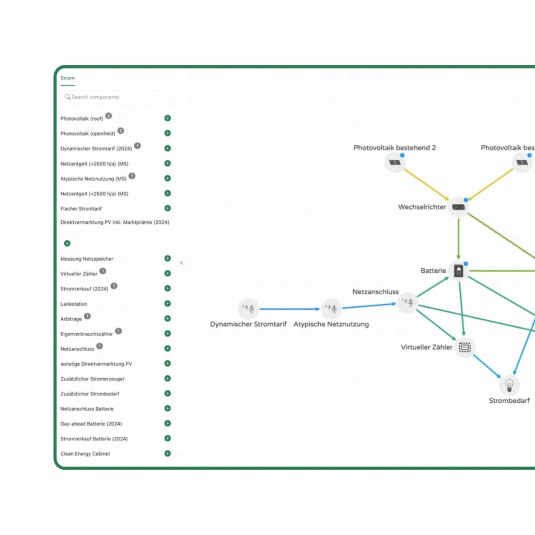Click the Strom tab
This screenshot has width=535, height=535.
pyautogui.click(x=67, y=78)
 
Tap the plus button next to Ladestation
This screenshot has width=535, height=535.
pyautogui.click(x=168, y=304)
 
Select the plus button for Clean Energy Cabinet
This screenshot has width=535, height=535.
pyautogui.click(x=168, y=453)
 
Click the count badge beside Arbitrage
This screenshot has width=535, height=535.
pyautogui.click(x=87, y=316)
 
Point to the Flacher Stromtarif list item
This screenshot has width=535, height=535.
pyautogui.click(x=81, y=208)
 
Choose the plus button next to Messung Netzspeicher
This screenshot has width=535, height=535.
pyautogui.click(x=168, y=259)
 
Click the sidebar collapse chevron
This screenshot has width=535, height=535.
pyautogui.click(x=181, y=263)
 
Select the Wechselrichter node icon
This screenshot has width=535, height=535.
pyautogui.click(x=459, y=207)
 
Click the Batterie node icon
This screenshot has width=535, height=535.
pyautogui.click(x=459, y=271)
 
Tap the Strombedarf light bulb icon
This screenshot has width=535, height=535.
pyautogui.click(x=509, y=386)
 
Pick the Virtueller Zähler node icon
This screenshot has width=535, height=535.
pyautogui.click(x=464, y=346)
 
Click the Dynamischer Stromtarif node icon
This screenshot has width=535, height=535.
pyautogui.click(x=249, y=309)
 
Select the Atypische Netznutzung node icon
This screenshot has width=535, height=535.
pyautogui.click(x=331, y=309)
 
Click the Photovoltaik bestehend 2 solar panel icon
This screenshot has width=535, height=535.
pyautogui.click(x=394, y=162)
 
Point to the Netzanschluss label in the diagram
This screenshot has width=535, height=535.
pyautogui.click(x=375, y=292)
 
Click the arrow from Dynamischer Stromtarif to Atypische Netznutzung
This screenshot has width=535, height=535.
pyautogui.click(x=289, y=309)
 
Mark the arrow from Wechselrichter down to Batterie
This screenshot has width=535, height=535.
pyautogui.click(x=459, y=238)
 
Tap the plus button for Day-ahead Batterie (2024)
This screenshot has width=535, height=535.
pyautogui.click(x=168, y=424)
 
